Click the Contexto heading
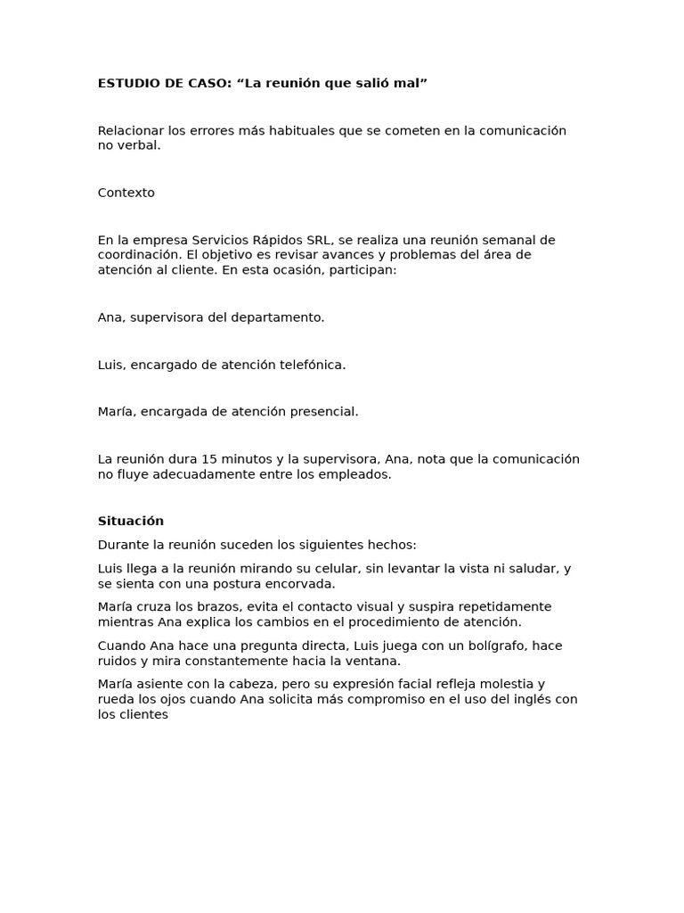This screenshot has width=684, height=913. [126, 193]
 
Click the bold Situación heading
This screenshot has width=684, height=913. [131, 522]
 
